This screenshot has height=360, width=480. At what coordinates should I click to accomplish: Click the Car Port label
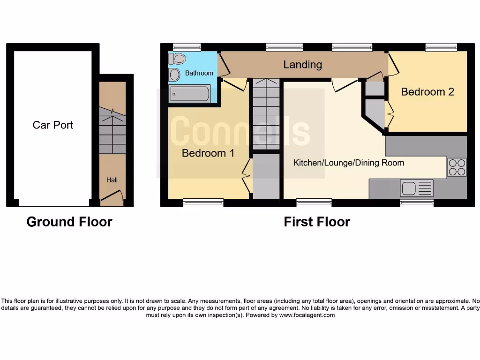(53, 125)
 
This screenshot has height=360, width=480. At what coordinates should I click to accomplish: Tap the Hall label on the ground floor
(112, 180)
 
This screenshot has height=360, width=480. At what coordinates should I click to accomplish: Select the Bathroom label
(199, 73)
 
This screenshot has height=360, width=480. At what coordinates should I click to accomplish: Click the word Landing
(302, 65)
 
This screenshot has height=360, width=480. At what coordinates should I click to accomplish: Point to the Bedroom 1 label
(208, 153)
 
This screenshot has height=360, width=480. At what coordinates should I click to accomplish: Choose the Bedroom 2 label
(427, 92)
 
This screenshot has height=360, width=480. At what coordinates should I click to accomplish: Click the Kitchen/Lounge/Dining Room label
(348, 163)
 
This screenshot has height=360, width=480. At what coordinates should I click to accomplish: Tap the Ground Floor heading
(69, 222)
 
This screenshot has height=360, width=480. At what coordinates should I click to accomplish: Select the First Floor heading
(317, 222)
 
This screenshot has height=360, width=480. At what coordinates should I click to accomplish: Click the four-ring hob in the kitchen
(457, 167)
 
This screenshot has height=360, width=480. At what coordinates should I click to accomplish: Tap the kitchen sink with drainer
(417, 188)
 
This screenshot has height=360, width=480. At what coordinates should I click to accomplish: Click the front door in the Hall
(112, 197)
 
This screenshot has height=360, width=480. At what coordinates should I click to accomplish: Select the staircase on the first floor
(266, 113)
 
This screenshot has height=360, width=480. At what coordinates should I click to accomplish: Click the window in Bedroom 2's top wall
(441, 47)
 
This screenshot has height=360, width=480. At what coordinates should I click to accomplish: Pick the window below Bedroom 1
(203, 202)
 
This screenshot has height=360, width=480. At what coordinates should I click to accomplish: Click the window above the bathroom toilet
(187, 47)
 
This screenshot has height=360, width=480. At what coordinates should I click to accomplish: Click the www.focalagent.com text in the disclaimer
(307, 315)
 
